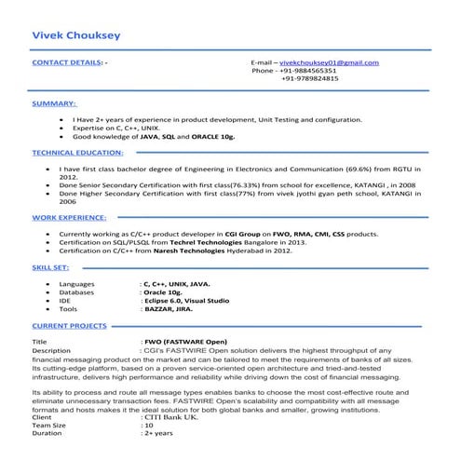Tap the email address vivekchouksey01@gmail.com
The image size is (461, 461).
(x=330, y=61)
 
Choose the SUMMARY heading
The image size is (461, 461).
(x=54, y=102)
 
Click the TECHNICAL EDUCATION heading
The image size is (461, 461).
(x=75, y=151)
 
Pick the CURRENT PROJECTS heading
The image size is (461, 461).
(x=70, y=327)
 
